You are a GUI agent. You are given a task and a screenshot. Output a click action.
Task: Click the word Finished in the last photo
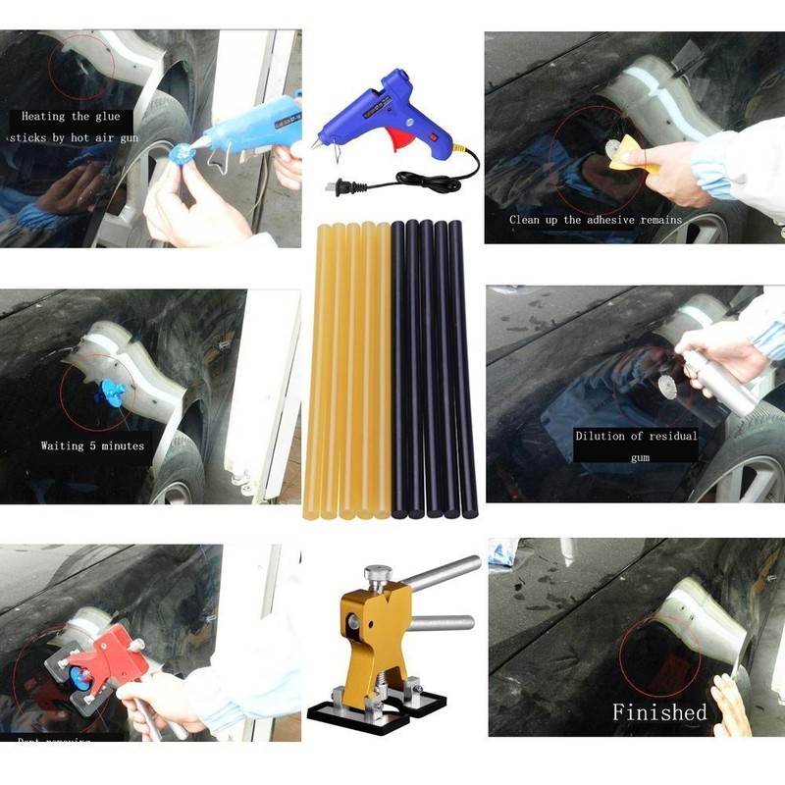click(659, 711)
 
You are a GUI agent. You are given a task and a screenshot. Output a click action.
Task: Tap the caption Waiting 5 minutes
click(92, 445)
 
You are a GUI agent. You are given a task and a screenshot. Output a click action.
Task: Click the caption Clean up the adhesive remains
click(596, 220)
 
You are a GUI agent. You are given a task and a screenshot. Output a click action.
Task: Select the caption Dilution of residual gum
click(636, 445)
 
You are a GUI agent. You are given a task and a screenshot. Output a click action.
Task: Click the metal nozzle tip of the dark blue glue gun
click(317, 145)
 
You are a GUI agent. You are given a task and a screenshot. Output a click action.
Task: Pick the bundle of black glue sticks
click(433, 369)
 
